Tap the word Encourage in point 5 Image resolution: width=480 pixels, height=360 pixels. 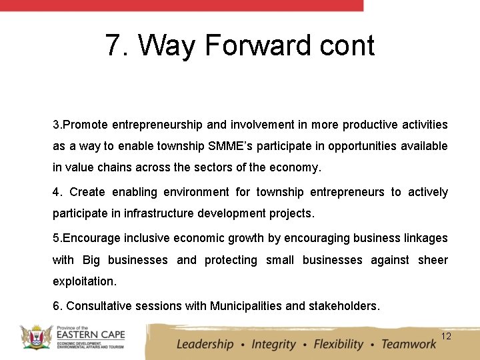[x=88, y=238]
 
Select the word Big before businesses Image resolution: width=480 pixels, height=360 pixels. [x=91, y=260]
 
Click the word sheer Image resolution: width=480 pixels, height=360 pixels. [x=433, y=260]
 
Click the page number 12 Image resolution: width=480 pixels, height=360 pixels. [x=446, y=336]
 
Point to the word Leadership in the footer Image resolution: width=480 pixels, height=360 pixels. [x=205, y=344]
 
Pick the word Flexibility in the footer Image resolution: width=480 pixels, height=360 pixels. [x=339, y=344]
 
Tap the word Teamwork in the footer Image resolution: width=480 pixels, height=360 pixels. [x=408, y=344]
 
